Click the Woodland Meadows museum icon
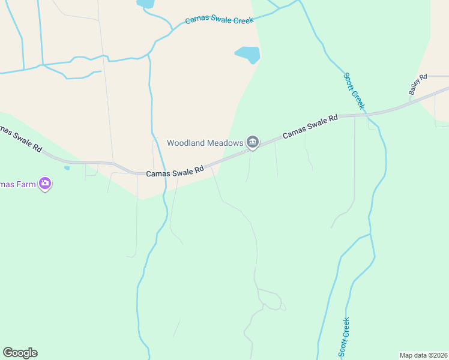pyautogui.click(x=253, y=142)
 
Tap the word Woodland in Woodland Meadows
pyautogui.click(x=185, y=143)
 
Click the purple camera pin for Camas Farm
pyautogui.click(x=44, y=184)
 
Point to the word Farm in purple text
pyautogui.click(x=26, y=184)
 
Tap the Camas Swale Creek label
pyautogui.click(x=219, y=20)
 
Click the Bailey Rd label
pyautogui.click(x=417, y=85)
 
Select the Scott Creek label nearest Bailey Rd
pyautogui.click(x=354, y=91)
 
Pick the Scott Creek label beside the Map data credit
pyautogui.click(x=345, y=337)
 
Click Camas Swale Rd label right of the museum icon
pyautogui.click(x=310, y=127)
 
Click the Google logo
pyautogui.click(x=20, y=353)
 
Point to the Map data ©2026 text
pyautogui.click(x=423, y=355)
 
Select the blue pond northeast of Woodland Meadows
pyautogui.click(x=248, y=55)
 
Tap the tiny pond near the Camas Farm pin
pyautogui.click(x=67, y=168)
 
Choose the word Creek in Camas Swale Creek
pyautogui.click(x=242, y=20)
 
